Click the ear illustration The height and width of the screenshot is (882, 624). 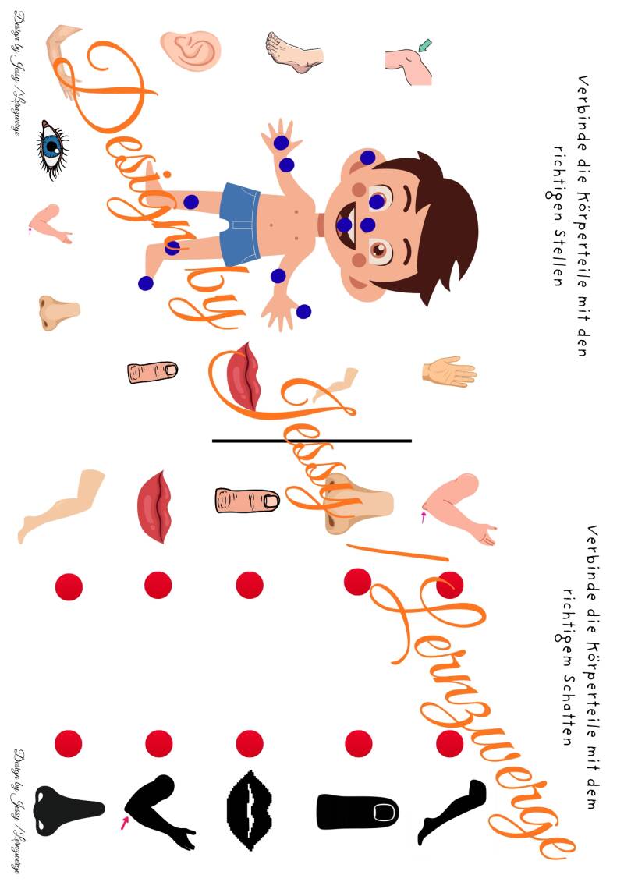(190, 51)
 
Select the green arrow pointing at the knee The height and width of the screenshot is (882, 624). (425, 44)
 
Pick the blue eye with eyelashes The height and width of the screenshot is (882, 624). (52, 149)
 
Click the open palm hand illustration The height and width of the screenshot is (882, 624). (449, 372)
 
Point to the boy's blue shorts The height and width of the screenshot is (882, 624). (240, 224)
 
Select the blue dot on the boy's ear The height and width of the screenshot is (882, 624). (367, 158)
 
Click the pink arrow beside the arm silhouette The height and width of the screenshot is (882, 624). (124, 823)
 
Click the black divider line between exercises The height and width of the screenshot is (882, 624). (312, 441)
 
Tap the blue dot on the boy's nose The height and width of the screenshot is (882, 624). (368, 225)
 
